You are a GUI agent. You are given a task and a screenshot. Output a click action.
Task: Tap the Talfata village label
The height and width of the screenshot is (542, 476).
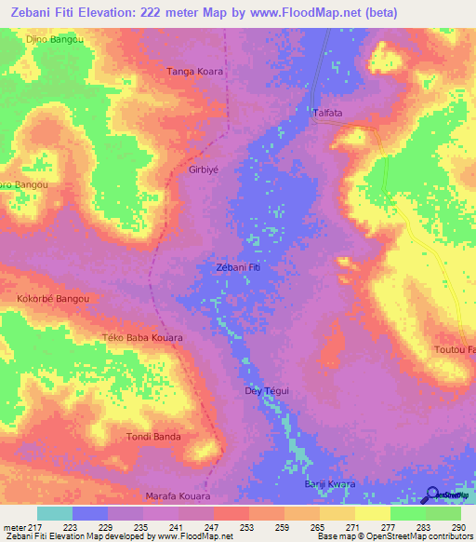tap(327, 113)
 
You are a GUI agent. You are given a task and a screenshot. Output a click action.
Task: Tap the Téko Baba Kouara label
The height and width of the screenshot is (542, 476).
tap(141, 337)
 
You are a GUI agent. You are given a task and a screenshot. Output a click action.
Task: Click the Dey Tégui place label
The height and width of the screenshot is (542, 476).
tap(267, 391)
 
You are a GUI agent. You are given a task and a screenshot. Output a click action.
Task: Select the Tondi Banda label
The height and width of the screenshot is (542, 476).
tap(153, 436)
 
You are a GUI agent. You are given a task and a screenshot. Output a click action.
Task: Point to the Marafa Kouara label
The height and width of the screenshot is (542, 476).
tap(179, 496)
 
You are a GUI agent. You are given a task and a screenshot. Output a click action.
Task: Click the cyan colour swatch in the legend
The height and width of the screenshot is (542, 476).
tap(54, 513)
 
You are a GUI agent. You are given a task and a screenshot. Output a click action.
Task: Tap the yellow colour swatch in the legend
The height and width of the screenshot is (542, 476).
tap(372, 513)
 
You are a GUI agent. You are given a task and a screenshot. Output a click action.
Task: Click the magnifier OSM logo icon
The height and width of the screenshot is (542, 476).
tap(430, 495)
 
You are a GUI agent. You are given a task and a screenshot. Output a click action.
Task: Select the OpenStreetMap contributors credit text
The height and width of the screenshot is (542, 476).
tap(404, 536)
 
